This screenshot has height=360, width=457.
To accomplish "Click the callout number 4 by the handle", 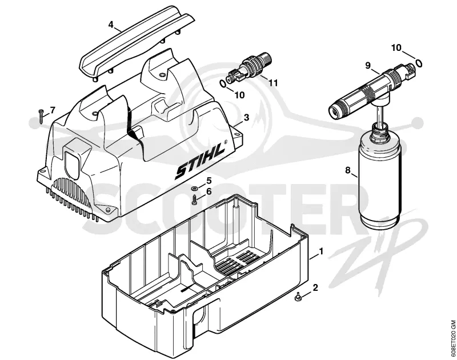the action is pos(111,25).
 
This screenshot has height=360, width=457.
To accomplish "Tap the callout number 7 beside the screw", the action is pos(53,110).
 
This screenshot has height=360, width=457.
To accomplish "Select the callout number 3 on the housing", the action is pos(246,118).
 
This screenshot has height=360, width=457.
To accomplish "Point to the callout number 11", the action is pos(273,83).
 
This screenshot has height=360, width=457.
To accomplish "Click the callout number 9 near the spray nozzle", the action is pos(368,66).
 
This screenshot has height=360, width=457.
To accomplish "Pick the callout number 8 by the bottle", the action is pos(347,170).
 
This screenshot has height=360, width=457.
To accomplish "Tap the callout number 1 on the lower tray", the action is pos(321,251).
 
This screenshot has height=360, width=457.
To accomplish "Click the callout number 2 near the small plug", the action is pos(315,287).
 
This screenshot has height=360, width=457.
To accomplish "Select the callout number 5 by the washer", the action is pos(209,181).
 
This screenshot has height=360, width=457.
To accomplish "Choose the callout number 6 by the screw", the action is pos(209,191).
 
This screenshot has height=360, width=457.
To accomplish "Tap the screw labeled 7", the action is pos(41,116).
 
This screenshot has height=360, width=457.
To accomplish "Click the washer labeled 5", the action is pos(194,189).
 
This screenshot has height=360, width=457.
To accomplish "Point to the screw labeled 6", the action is pos(194,200).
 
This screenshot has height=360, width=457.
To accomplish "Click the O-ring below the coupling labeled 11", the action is pos(223,84).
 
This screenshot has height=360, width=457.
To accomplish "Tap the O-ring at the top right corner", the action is pos(419,63).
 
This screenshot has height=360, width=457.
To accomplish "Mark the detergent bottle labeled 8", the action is pos(381,175).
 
